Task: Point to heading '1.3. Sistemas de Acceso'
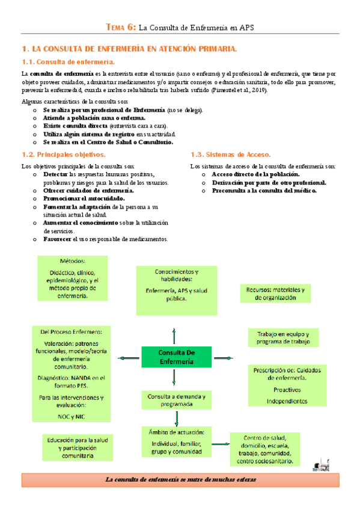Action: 230,155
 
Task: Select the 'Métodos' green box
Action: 72,278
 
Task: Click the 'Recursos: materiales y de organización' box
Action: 275,293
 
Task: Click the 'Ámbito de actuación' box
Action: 176,442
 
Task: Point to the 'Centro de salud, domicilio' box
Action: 264,449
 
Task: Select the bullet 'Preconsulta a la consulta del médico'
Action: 264,190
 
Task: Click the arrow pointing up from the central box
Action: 174,335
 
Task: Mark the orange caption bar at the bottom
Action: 180,479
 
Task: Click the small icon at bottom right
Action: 322,464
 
